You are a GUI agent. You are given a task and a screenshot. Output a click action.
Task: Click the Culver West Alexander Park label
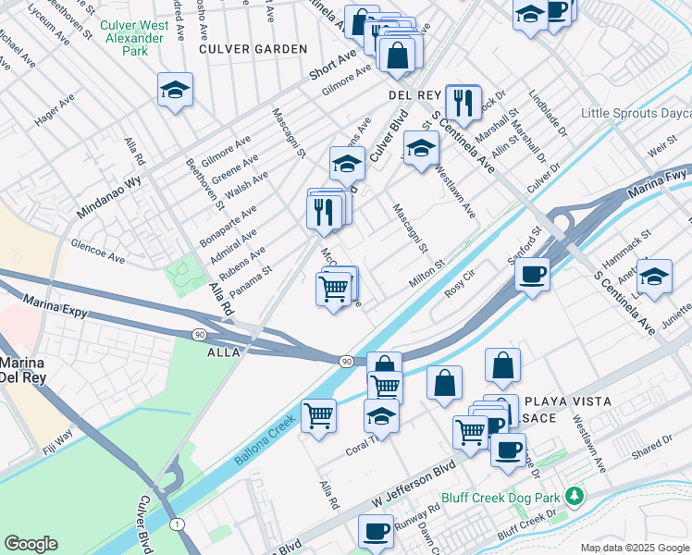[135, 38]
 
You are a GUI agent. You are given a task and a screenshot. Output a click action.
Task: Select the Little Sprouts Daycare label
[636, 114]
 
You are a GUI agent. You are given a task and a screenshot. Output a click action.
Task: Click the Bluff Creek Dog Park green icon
[575, 497]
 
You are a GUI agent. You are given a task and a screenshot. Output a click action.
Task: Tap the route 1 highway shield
[175, 524]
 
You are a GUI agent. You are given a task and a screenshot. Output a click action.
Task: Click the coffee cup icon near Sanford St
[532, 275]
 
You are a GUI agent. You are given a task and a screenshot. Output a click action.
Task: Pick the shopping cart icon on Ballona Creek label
[318, 415]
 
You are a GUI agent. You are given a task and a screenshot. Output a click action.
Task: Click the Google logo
[31, 544]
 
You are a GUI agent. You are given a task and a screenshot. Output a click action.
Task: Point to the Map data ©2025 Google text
[635, 548]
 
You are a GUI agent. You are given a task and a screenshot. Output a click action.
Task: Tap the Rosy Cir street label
[459, 281]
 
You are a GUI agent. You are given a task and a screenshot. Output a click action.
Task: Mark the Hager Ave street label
[56, 111]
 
